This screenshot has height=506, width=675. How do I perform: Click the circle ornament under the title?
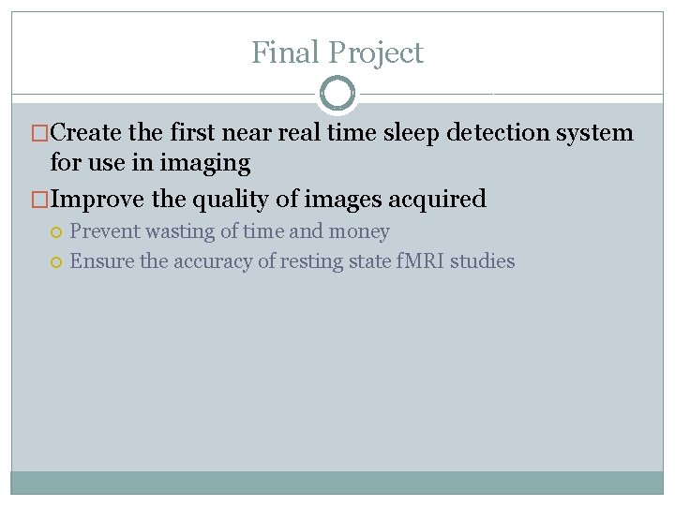[337, 94]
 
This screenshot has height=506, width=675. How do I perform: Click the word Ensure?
[101, 261]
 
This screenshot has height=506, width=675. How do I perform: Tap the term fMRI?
[418, 261]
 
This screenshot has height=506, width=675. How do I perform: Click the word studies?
[483, 261]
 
